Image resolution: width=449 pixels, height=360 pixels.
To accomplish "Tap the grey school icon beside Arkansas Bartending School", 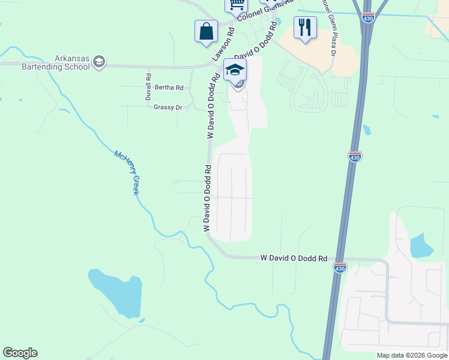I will click(x=99, y=62).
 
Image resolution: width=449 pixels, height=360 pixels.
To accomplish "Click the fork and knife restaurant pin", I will click(x=305, y=27).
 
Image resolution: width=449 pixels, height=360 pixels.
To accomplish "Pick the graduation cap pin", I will click(x=235, y=70).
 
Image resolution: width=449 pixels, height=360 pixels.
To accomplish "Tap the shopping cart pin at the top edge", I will click(x=237, y=5).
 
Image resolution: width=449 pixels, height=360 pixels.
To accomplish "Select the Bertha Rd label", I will click(x=169, y=88).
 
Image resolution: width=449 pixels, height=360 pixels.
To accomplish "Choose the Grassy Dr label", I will click(x=167, y=107).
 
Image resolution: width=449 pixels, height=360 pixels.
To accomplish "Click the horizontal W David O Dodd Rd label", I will click(x=294, y=258).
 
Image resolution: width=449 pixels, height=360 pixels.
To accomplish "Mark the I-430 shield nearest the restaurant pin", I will click(x=368, y=19).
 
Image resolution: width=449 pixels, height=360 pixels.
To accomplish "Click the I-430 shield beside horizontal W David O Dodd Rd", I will click(x=340, y=268).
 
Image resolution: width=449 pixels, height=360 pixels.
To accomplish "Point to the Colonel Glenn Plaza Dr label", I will click(x=329, y=26).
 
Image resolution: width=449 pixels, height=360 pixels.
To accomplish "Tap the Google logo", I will click(x=20, y=353).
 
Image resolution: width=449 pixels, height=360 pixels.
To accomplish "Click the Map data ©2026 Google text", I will click(x=412, y=355).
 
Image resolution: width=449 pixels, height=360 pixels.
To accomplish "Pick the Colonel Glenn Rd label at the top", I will click(x=264, y=11).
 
